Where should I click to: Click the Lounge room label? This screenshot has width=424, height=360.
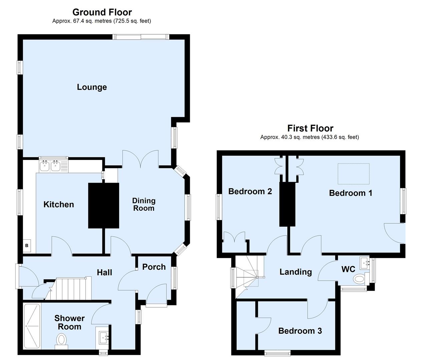tap(92, 87)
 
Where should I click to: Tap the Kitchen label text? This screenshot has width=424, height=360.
tap(59, 204)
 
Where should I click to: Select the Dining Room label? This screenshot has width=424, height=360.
tap(143, 204)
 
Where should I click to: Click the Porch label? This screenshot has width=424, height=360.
tap(154, 267)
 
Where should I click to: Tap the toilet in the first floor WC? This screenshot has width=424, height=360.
tap(359, 279)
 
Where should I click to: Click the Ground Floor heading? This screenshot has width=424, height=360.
tap(102, 12)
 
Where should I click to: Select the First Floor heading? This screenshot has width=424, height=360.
tap(310, 128)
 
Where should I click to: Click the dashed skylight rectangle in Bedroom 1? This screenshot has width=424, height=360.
tap(354, 174)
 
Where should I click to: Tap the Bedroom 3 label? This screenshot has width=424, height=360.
tap(300, 331)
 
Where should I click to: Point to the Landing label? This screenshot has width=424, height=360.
tap(296, 272)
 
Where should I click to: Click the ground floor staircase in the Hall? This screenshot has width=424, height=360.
tap(72, 289)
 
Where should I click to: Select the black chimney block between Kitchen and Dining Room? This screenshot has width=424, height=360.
tap(103, 205)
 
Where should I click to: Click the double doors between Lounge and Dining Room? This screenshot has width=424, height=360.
tap(140, 159)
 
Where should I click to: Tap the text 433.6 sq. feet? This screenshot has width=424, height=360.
tap(340, 137)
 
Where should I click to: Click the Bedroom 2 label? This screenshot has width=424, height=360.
tap(250, 191)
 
